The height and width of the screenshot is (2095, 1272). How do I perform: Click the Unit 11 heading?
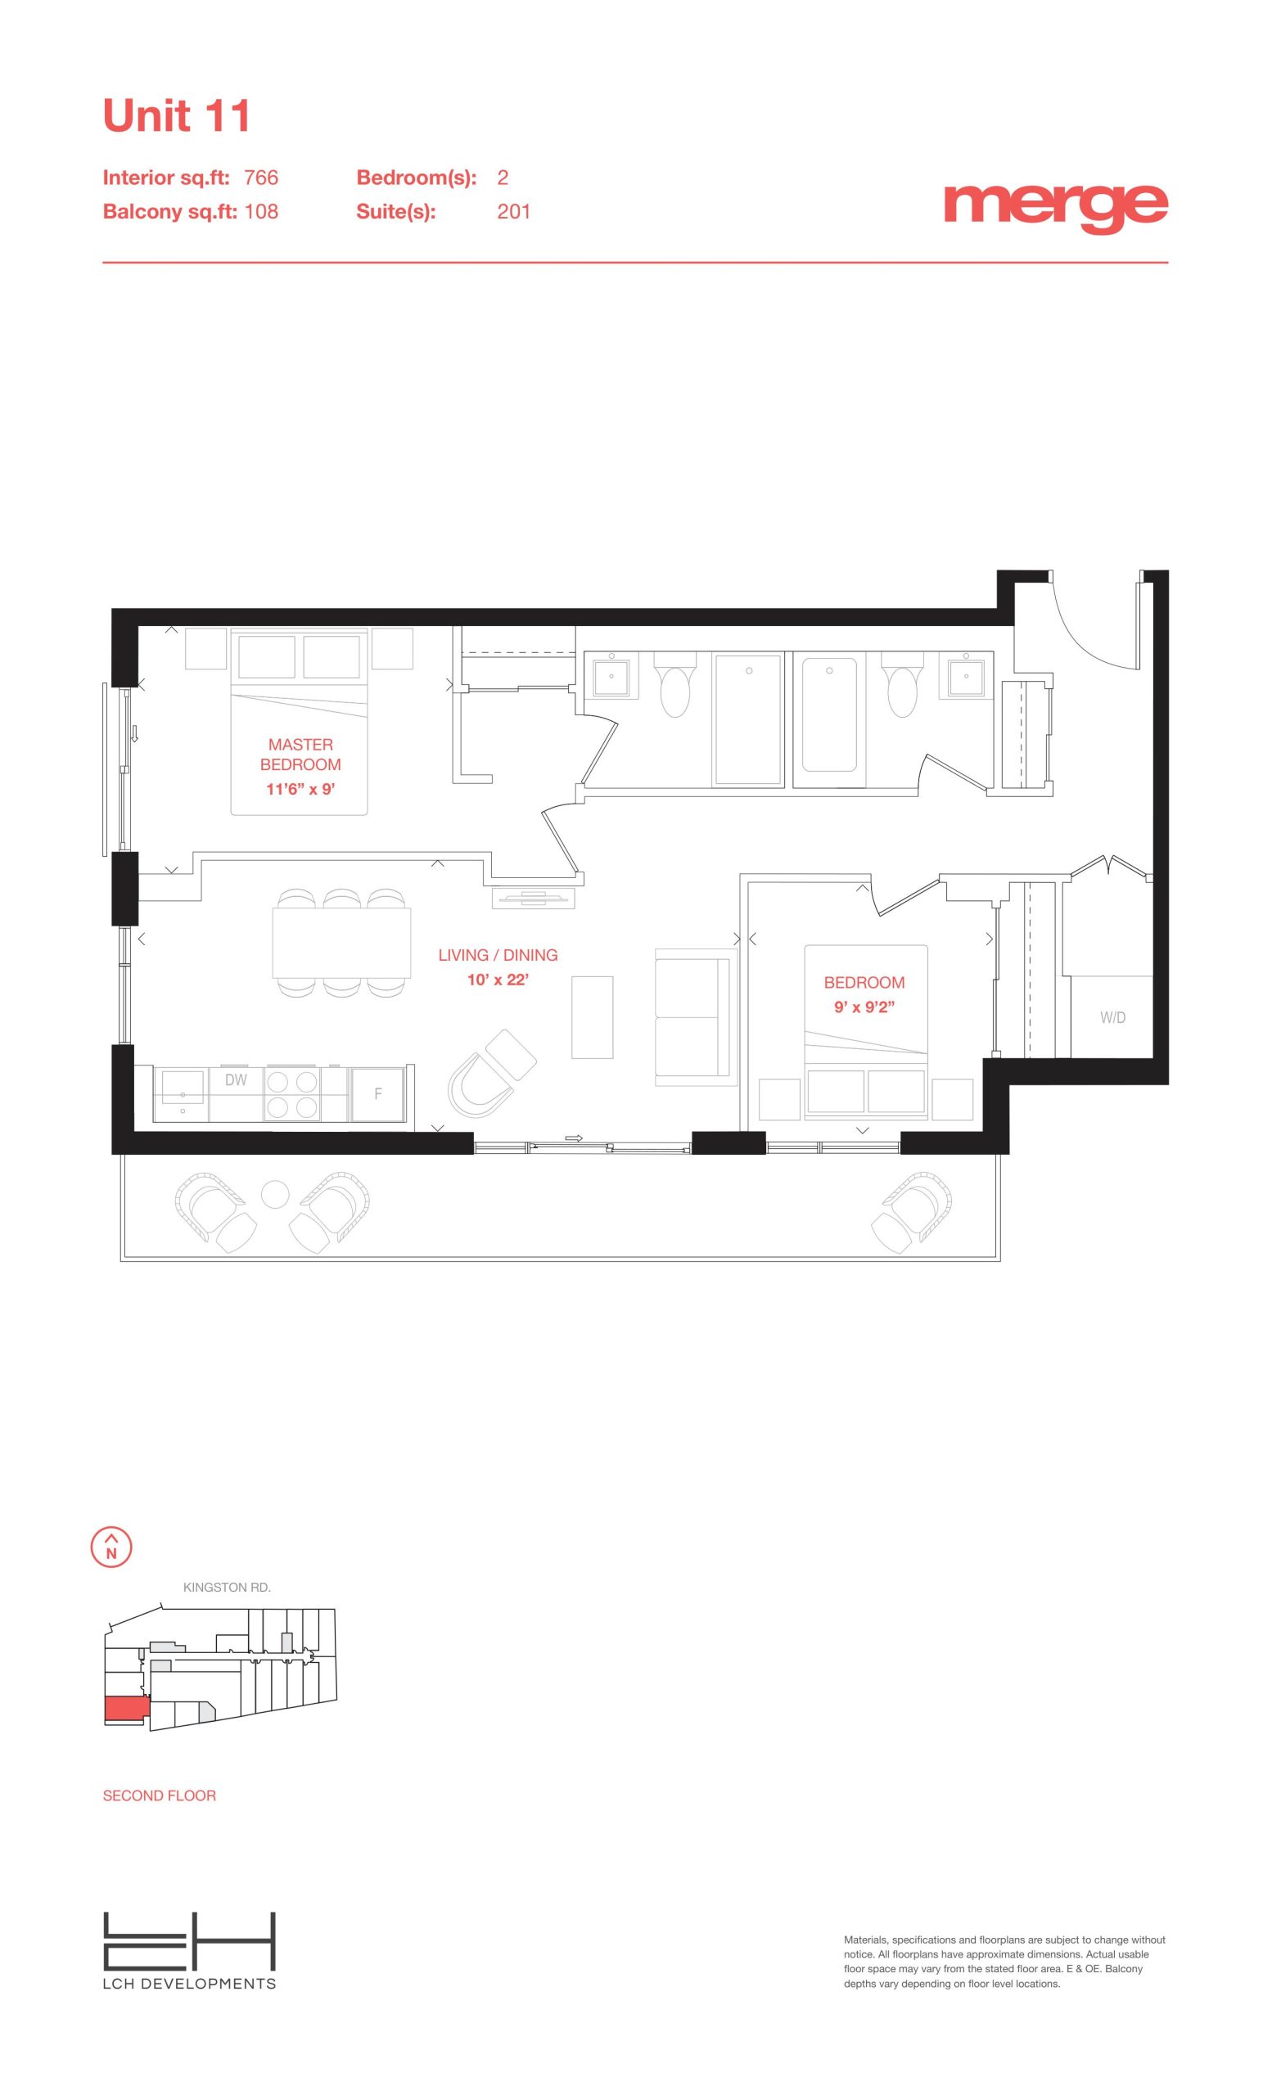(176, 115)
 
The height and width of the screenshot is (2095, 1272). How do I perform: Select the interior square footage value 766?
(261, 178)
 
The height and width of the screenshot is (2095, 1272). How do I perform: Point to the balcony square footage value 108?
(261, 212)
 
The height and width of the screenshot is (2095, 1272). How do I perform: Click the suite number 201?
(513, 212)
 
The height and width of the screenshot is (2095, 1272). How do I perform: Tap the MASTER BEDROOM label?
(300, 755)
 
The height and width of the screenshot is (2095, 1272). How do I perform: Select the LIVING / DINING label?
(498, 955)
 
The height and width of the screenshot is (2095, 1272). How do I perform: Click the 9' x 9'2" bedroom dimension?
(864, 1007)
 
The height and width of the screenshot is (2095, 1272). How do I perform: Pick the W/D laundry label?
(1112, 1018)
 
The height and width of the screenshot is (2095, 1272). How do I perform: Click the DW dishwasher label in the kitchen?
(236, 1079)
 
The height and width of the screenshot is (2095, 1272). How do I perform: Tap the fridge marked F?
(378, 1094)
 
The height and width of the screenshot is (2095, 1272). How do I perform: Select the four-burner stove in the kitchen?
(291, 1093)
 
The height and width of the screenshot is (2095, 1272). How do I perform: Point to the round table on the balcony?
(275, 1195)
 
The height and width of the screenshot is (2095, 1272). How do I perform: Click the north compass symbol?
(111, 1547)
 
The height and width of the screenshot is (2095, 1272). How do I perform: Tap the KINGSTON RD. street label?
(227, 1588)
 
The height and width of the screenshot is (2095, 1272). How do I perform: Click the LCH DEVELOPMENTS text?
(190, 1984)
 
